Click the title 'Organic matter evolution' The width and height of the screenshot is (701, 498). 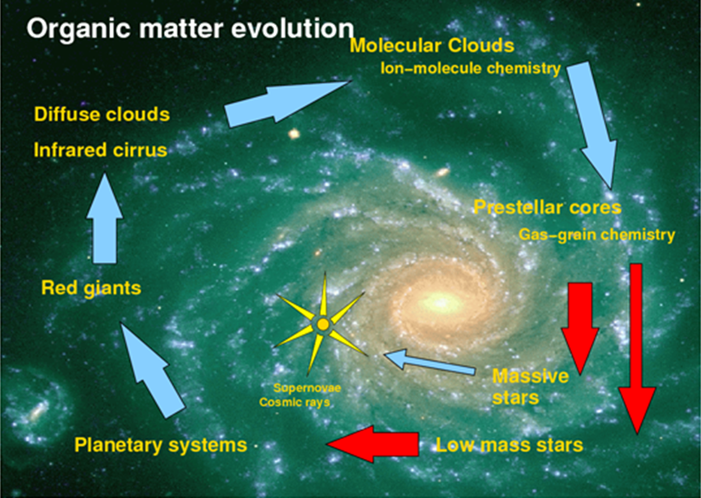point(190,29)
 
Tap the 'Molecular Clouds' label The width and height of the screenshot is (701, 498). point(432,46)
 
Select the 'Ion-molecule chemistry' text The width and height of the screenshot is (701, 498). point(470,69)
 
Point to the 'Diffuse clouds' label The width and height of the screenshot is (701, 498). point(102,115)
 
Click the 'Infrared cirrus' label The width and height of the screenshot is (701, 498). point(101,150)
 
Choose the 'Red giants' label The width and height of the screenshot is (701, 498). point(91,288)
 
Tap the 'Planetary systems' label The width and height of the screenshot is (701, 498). point(161,445)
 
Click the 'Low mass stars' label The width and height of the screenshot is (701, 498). point(509,445)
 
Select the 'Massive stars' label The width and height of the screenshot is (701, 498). point(531,387)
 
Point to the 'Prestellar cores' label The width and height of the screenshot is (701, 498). point(547,207)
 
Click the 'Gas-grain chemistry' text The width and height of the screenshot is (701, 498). point(597,235)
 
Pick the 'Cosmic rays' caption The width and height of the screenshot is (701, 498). point(295,403)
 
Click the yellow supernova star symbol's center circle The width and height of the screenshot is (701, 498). point(323,324)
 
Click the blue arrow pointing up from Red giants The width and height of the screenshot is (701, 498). point(105,218)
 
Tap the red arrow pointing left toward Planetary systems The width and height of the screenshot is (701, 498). point(373,444)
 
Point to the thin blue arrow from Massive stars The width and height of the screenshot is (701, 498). point(429,362)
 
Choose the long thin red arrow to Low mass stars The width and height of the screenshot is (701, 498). point(637,349)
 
